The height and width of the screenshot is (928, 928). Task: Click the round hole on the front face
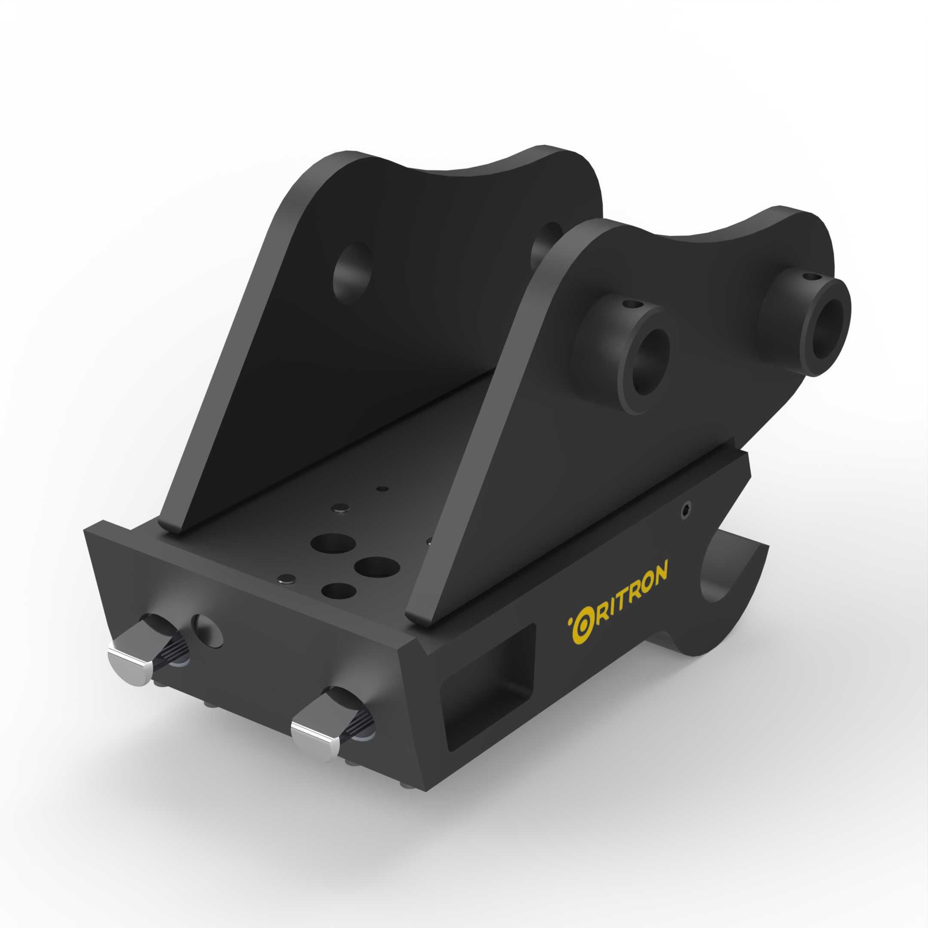[207, 630]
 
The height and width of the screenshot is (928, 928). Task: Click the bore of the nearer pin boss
[651, 362]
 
